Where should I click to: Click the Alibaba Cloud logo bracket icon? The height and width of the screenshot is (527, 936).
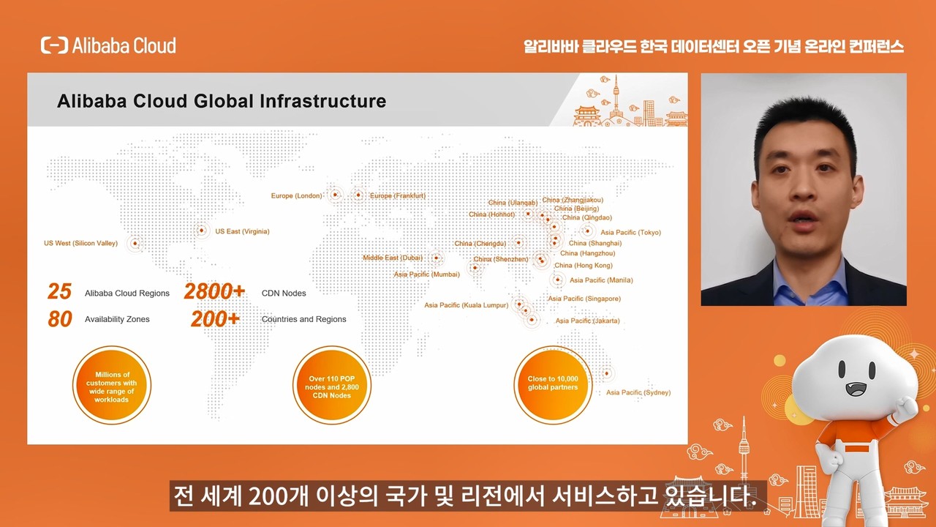click(x=54, y=45)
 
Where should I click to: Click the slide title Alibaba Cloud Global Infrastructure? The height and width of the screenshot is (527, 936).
click(x=222, y=101)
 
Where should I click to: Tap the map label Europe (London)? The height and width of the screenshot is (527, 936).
click(x=297, y=195)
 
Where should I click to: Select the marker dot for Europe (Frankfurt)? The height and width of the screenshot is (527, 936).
click(x=358, y=195)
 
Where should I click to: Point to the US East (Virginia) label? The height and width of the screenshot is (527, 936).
click(x=242, y=231)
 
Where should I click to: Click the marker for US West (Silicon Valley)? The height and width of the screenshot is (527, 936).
click(x=135, y=243)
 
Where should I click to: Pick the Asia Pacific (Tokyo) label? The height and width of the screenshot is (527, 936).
click(x=631, y=233)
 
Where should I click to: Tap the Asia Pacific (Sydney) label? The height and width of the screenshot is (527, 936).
click(x=638, y=392)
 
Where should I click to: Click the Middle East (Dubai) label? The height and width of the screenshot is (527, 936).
click(x=393, y=258)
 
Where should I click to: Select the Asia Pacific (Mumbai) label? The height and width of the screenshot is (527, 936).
click(x=426, y=274)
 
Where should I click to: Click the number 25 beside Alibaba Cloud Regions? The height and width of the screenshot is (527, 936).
click(x=59, y=291)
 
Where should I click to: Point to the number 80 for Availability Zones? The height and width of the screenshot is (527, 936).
click(x=60, y=319)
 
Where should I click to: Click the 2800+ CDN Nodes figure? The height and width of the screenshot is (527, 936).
click(x=214, y=291)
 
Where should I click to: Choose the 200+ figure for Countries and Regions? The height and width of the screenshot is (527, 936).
click(x=215, y=319)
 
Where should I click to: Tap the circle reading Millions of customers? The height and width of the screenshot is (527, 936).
click(x=112, y=385)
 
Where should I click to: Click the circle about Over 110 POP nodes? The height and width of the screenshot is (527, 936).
click(x=332, y=385)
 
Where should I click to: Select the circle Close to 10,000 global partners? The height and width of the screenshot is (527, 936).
click(x=553, y=385)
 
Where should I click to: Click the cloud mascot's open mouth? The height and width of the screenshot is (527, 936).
click(x=856, y=389)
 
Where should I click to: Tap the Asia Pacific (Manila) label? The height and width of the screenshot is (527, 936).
click(x=601, y=280)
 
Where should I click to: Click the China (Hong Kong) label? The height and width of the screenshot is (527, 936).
click(x=584, y=265)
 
